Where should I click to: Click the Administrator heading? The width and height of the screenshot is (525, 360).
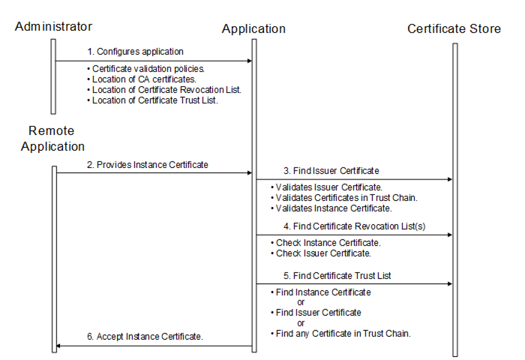[53, 26]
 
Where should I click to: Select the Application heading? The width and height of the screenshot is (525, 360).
[253, 28]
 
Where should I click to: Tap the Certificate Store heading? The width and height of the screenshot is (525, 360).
[454, 28]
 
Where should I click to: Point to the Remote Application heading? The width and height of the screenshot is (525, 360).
[52, 139]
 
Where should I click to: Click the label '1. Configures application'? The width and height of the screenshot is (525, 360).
[136, 52]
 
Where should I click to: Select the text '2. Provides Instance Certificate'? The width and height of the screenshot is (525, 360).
[146, 164]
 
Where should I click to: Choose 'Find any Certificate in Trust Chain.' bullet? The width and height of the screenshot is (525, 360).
[343, 332]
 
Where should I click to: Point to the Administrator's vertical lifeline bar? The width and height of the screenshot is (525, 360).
[53, 75]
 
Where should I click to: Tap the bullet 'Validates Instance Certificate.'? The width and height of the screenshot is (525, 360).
[333, 208]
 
